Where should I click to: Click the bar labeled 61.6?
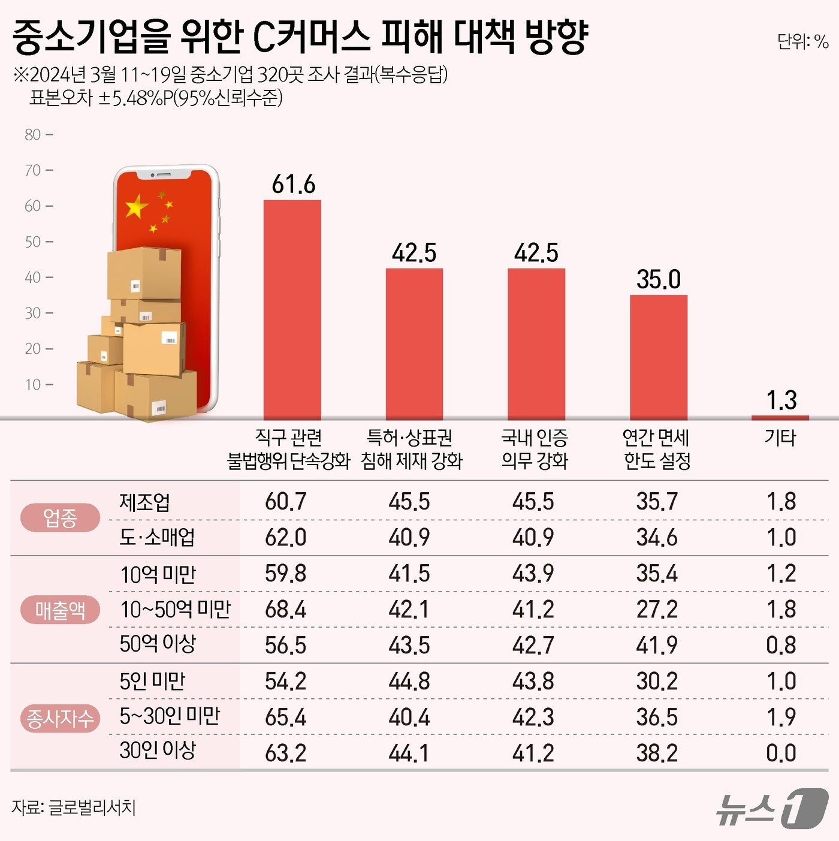coord(292,309)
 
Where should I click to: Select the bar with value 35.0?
coord(658,357)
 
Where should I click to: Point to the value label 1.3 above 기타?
coord(781,400)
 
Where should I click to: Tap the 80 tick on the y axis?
coord(33,135)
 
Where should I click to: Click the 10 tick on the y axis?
coord(33,384)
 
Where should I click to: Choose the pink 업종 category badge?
coord(60,518)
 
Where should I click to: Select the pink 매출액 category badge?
coord(60,610)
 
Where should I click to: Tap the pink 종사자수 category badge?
coord(60,718)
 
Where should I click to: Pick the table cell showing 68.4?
coord(285,610)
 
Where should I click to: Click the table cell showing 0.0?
coord(781,753)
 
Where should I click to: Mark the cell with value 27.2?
coord(657,610)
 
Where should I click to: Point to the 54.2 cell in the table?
coord(285,682)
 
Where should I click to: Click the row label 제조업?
coord(144,502)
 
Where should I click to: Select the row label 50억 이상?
coord(158,644)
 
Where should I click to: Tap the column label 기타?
coord(780,438)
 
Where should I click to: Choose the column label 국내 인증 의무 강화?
coord(535,449)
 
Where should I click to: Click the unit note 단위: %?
coord(802,41)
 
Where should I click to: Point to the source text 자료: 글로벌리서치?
coord(74,807)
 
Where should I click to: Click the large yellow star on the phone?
coord(137,207)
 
